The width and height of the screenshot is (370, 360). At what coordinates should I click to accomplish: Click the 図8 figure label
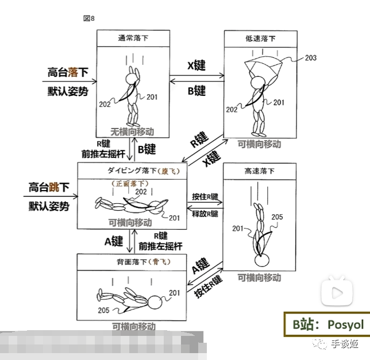pos(89,18)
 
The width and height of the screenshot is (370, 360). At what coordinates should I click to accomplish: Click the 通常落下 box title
pos(136,38)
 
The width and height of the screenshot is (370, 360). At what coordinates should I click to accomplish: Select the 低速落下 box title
pos(260,38)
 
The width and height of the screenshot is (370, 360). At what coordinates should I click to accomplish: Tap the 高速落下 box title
pos(260,171)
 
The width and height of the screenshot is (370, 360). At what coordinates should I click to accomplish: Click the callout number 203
pos(310,58)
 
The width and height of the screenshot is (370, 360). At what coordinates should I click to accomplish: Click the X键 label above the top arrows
pos(196,65)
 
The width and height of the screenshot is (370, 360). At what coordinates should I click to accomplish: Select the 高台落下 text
pos(68,72)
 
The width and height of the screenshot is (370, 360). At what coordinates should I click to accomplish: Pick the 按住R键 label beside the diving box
pos(205,196)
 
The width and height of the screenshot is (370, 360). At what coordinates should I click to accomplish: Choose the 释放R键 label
pos(205,214)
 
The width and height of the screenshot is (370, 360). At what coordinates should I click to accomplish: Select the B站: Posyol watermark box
pos(326,324)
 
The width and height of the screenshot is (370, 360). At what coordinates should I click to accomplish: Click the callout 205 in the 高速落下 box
pos(277,217)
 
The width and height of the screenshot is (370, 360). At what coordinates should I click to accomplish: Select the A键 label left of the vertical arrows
pos(114,242)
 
